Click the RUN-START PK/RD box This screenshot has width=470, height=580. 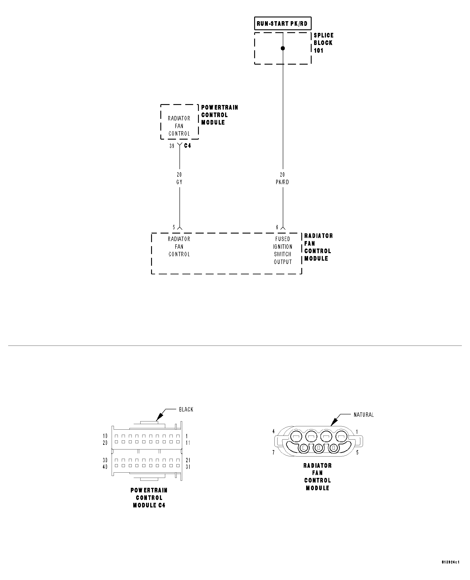282,24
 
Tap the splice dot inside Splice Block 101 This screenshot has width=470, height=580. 283,48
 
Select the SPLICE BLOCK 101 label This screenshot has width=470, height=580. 323,43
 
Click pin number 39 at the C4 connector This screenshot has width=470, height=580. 172,146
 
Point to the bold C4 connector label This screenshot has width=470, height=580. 187,146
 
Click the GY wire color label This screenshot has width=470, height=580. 179,182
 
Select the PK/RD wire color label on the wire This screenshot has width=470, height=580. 282,182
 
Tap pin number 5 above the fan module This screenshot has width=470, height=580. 174,227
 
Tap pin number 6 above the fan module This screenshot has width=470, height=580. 277,227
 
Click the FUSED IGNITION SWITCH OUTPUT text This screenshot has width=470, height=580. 283,251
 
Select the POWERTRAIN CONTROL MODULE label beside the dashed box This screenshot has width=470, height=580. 219,115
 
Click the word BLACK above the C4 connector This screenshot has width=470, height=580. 186,410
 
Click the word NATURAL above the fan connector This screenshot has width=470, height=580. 363,415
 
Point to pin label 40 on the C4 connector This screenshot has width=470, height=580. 105,467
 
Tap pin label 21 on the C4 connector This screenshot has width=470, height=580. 188,460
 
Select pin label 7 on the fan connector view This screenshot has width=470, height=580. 274,452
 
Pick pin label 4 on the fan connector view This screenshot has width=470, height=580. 274,431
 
